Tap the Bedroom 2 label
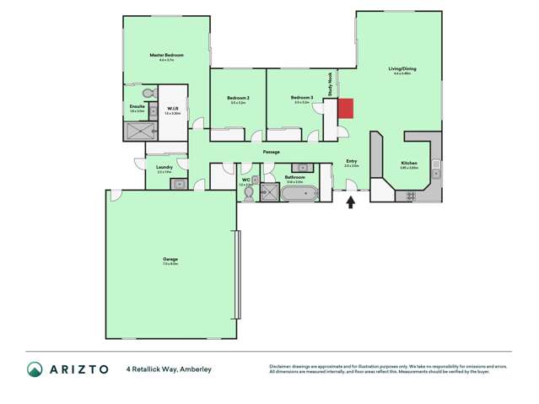[x=236, y=98]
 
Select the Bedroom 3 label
[x=302, y=98]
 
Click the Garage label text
[x=170, y=259]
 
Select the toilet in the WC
[x=248, y=193]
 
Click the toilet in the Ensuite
[x=148, y=92]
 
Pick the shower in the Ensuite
[x=141, y=131]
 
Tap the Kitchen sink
[x=435, y=165]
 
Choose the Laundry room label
[x=165, y=167]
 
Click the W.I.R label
[x=172, y=108]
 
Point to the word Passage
[x=271, y=152]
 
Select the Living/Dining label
[x=402, y=68]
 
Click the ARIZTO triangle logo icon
[x=35, y=369]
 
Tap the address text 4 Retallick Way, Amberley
[x=169, y=369]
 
